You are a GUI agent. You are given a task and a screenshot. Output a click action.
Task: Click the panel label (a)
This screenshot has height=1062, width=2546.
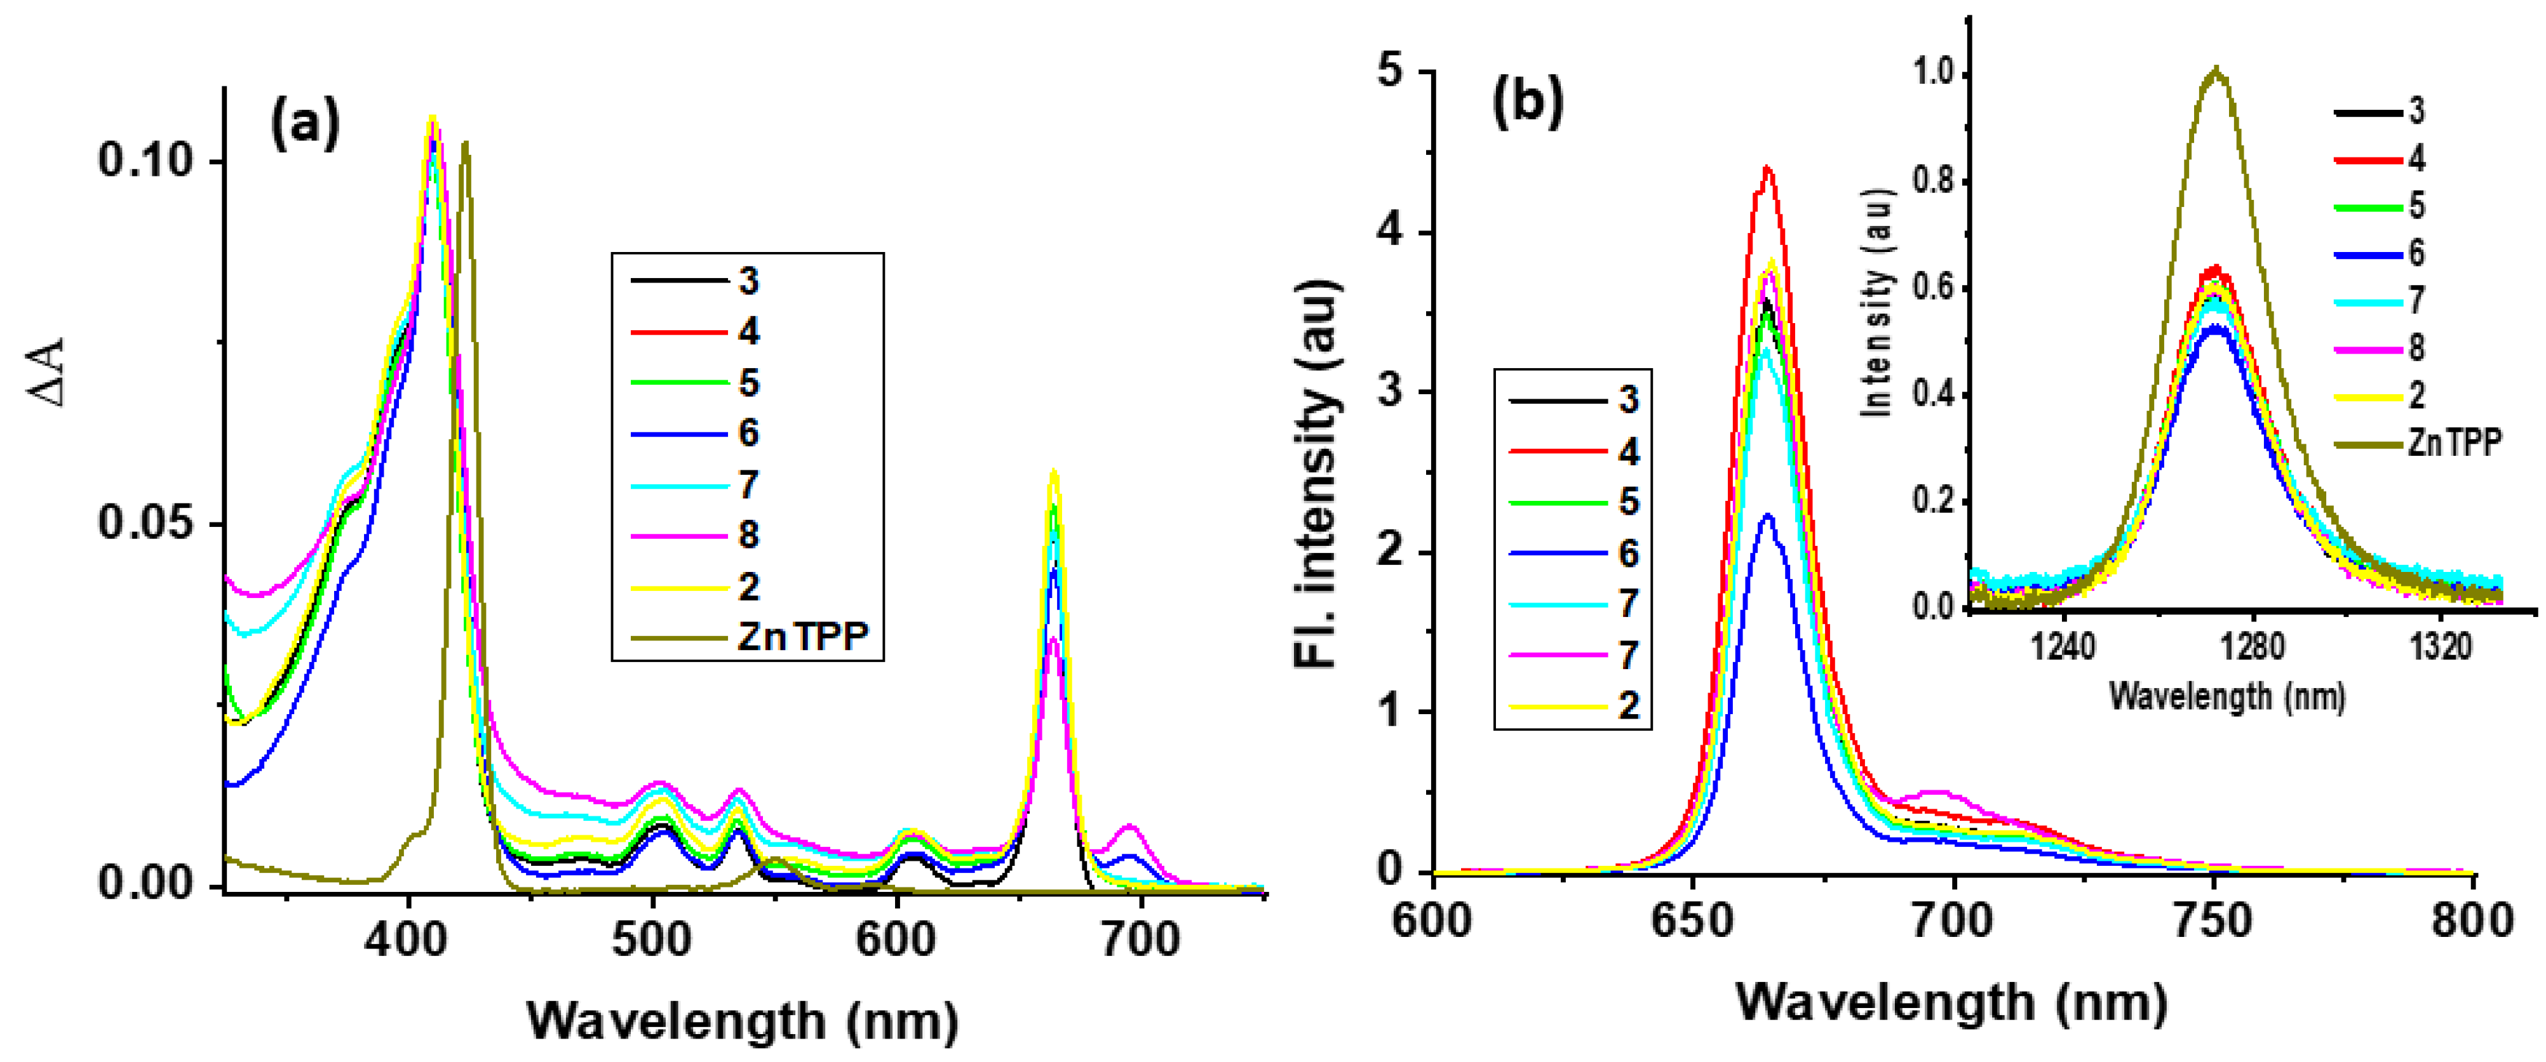[x=304, y=126]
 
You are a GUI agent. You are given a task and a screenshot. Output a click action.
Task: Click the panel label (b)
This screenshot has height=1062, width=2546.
[x=1527, y=102]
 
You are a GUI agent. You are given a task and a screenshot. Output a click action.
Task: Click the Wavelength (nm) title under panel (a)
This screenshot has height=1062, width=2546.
[x=742, y=1021]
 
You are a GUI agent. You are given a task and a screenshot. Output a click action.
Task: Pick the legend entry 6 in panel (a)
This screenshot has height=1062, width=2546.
[x=748, y=433]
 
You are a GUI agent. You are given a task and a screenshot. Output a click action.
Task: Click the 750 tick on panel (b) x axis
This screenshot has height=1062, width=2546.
[x=2213, y=920]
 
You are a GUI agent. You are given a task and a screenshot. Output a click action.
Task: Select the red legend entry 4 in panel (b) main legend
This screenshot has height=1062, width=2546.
[x=1628, y=451]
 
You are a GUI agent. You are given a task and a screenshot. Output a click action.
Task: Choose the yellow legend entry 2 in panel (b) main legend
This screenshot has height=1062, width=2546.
[x=1628, y=705]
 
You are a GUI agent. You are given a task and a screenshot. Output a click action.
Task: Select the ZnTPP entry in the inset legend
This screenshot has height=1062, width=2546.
[x=2454, y=442]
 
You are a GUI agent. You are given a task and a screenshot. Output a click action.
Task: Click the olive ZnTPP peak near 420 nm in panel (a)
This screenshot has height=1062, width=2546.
[x=464, y=144]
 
